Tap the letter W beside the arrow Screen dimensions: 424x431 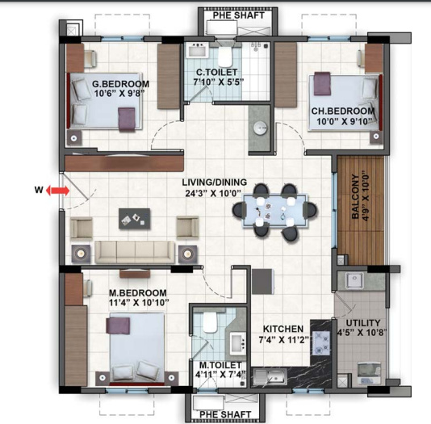[37, 191]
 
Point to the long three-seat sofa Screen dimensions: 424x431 [134, 250]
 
